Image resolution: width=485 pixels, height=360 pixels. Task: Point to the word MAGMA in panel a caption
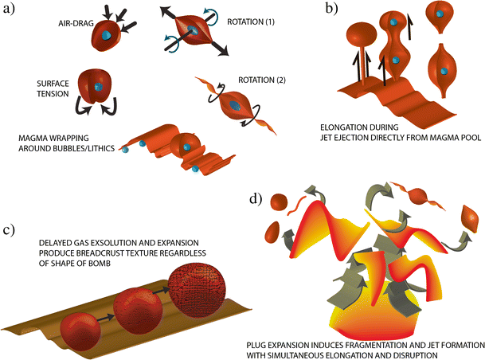pyautogui.click(x=37, y=139)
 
